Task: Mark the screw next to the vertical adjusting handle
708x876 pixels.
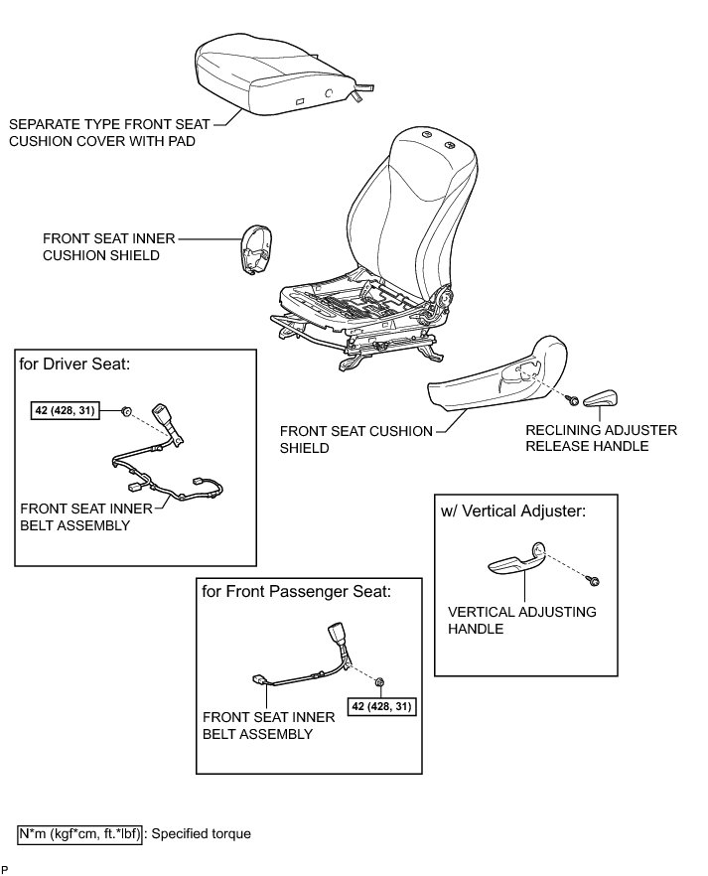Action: click(592, 578)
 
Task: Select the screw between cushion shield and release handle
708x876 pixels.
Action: click(573, 400)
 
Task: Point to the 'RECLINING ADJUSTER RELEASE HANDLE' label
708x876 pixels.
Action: click(601, 438)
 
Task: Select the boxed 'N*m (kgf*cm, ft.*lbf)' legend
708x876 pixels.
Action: click(80, 833)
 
